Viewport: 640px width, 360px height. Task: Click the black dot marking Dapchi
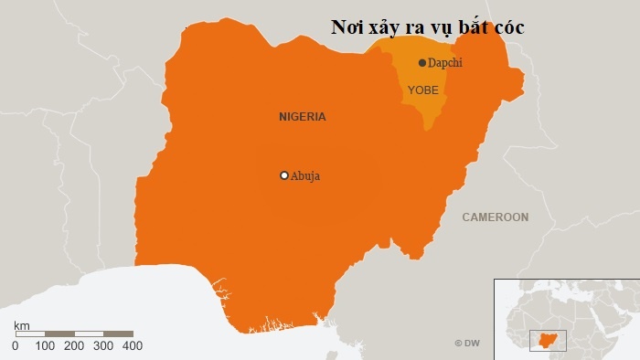pos(421,63)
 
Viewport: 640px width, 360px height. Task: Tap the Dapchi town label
pos(445,63)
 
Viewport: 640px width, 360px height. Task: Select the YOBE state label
pos(422,90)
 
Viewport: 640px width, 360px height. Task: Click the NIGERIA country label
pos(303,117)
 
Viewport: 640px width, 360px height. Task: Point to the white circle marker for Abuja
pos(284,175)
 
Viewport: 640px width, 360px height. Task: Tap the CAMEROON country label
pos(495,217)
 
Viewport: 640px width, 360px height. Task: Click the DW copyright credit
pos(467,343)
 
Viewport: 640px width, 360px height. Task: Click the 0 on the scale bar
pos(16,346)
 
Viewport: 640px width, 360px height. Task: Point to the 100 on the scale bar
pos(45,346)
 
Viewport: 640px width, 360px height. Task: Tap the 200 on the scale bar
pos(75,346)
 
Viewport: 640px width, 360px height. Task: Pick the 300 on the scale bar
pos(103,346)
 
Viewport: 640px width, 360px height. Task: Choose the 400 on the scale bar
pos(133,346)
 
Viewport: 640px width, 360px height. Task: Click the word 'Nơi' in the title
pos(347,27)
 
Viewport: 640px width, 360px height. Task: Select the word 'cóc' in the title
pos(507,27)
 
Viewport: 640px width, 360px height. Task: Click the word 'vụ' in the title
pos(433,28)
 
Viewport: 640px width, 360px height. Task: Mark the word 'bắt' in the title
pos(470,27)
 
